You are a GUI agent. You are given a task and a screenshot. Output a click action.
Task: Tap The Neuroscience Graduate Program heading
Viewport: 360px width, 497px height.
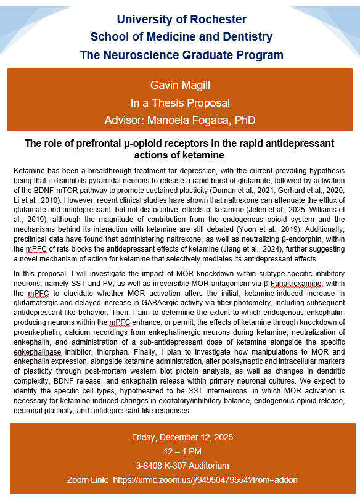(182, 55)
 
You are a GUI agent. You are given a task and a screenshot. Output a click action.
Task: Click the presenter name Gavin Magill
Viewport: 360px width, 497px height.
(181, 84)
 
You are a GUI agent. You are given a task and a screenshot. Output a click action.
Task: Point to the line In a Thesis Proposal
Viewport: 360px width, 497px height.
(181, 102)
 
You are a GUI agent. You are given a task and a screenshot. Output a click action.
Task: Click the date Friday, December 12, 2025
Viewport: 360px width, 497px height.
(182, 438)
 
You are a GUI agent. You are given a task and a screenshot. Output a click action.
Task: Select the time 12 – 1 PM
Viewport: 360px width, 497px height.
(182, 451)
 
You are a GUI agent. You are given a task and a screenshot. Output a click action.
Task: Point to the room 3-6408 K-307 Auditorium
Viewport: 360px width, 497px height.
(182, 465)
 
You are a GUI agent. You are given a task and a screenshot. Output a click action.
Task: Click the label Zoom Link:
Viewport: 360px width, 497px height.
(87, 479)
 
